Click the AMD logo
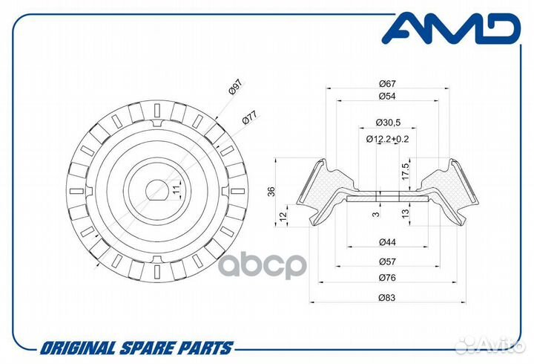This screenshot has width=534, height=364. [x=451, y=28]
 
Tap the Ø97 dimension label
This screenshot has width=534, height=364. [x=235, y=87]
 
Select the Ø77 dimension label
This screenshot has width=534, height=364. [x=250, y=117]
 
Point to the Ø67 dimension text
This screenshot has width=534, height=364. [x=387, y=83]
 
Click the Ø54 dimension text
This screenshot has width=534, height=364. [x=387, y=97]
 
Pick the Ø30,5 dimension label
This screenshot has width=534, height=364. [x=388, y=122]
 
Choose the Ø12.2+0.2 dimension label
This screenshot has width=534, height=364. [x=387, y=139]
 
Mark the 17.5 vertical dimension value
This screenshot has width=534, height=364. [x=405, y=172]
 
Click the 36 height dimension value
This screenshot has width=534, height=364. [x=271, y=192]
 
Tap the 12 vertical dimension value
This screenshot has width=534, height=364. [x=283, y=215]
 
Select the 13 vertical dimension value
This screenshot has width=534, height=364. [x=405, y=213]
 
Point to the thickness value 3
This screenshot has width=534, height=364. [x=376, y=214]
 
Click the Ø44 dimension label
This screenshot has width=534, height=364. [x=387, y=242]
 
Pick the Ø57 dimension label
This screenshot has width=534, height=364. [x=387, y=261]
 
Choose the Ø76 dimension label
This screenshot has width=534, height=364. [x=387, y=278]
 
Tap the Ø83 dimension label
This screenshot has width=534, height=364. [x=387, y=297]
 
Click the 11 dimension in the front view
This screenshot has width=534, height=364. [x=176, y=190]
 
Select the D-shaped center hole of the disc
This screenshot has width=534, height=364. [x=157, y=190]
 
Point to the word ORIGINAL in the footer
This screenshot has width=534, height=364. [x=77, y=348]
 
